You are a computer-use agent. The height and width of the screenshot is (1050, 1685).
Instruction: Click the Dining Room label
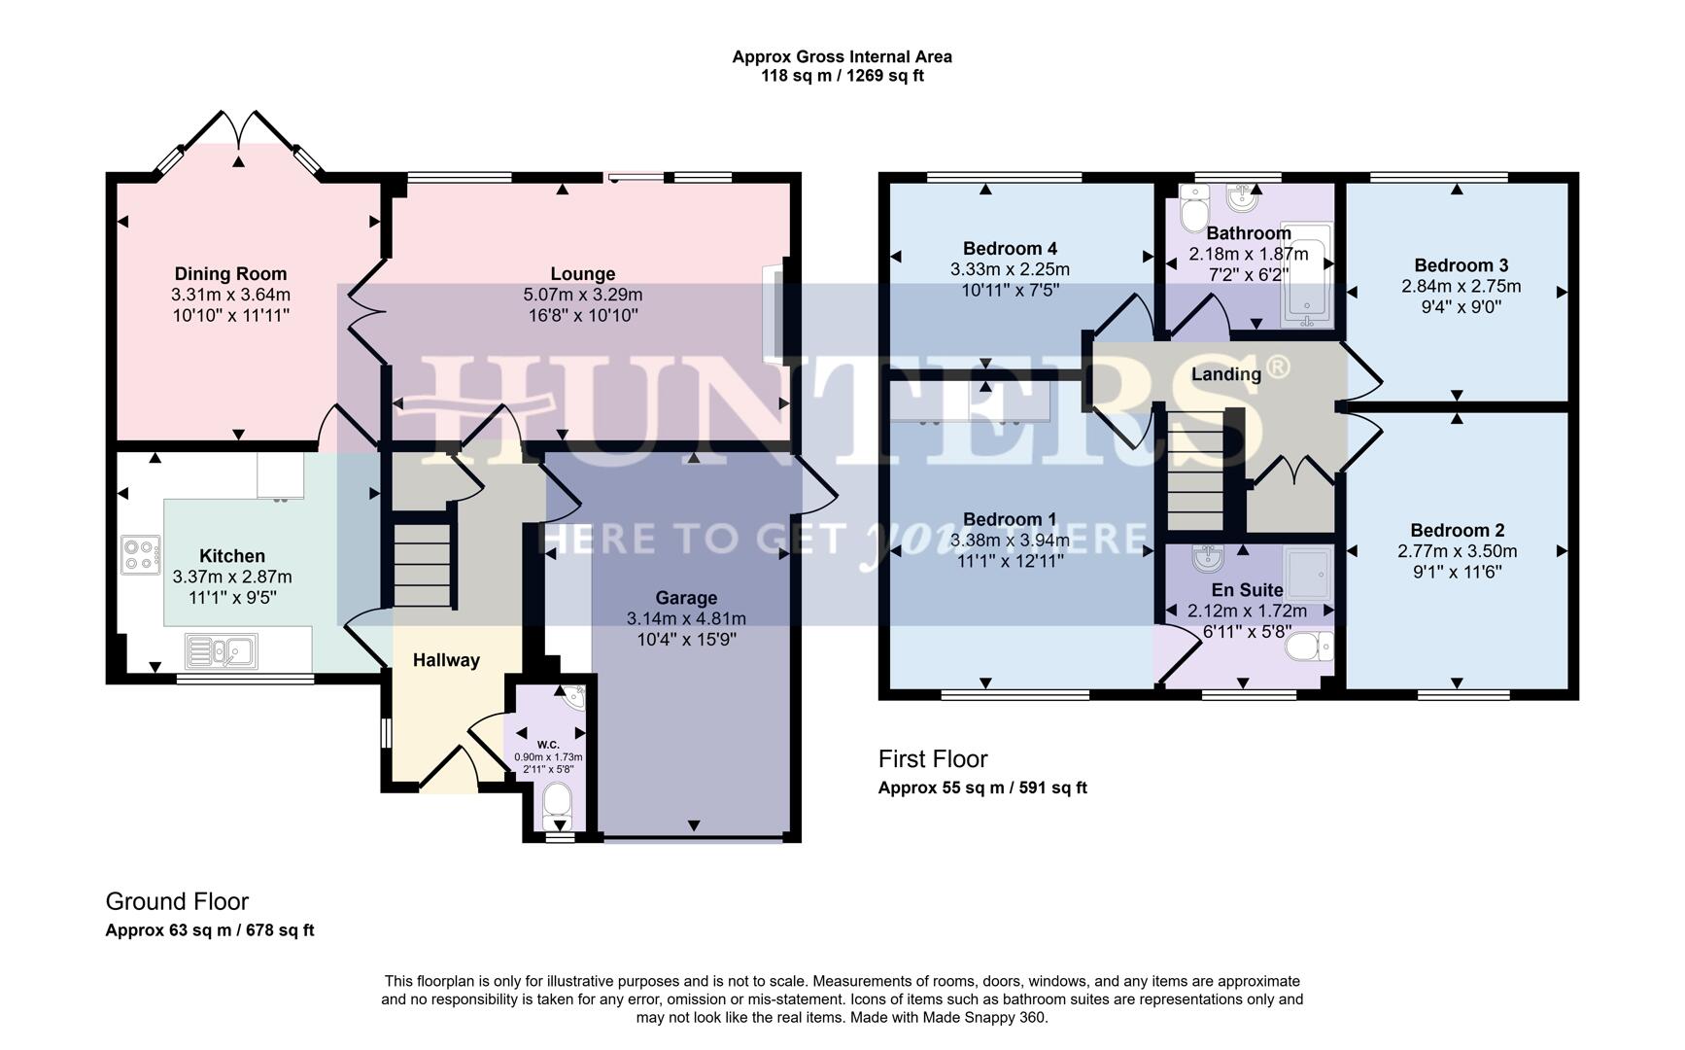[x=230, y=274]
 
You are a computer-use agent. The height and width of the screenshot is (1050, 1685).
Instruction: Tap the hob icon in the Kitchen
[x=140, y=554]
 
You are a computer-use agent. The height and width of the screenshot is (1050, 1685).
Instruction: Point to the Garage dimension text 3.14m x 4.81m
[x=686, y=618]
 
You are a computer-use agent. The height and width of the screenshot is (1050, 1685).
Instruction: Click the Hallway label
[x=446, y=660]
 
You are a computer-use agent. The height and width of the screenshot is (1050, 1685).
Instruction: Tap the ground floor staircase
[x=423, y=566]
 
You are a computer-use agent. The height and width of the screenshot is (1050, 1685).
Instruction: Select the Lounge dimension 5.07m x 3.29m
[x=582, y=295]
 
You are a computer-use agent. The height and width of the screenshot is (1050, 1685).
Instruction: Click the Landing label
[x=1226, y=374]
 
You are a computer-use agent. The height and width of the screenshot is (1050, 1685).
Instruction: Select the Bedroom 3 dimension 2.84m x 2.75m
[x=1461, y=287]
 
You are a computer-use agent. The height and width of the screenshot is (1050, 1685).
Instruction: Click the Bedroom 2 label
[x=1457, y=530]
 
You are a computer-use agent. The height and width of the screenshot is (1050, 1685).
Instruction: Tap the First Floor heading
[x=932, y=759]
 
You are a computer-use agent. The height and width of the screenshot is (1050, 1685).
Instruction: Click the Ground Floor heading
[x=177, y=901]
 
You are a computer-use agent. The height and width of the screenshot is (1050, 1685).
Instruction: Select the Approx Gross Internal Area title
[x=842, y=57]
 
